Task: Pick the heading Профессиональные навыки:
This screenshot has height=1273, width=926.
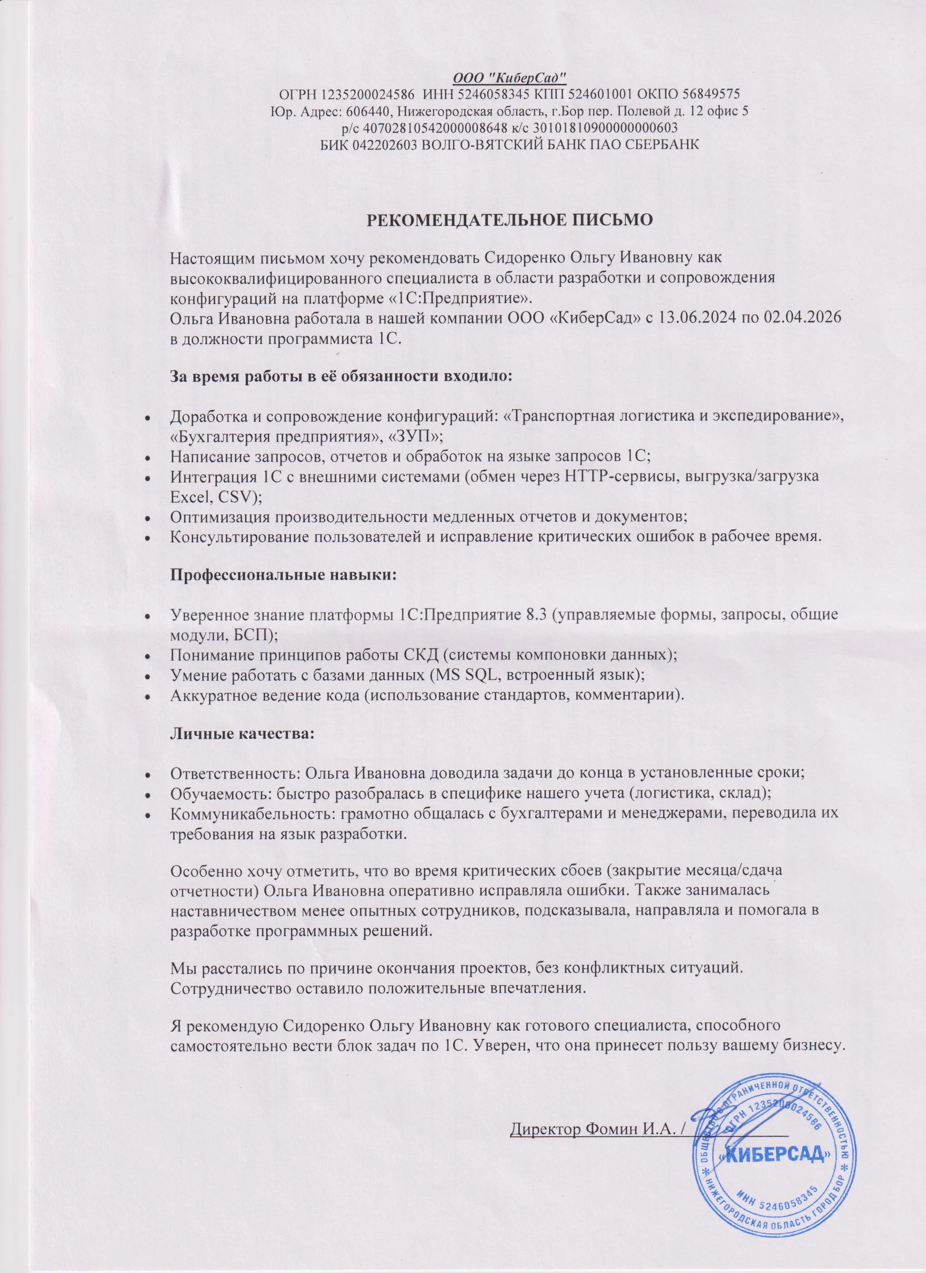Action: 284,576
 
